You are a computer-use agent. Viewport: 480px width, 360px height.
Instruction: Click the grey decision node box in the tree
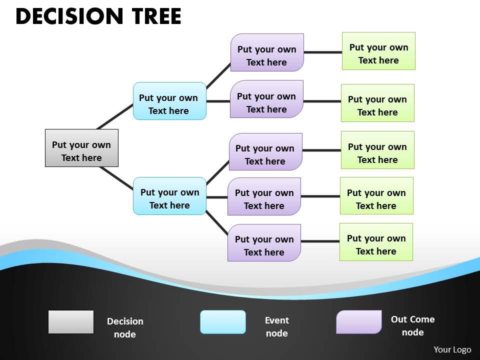81,148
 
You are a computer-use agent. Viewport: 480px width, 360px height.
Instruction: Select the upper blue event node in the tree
169,101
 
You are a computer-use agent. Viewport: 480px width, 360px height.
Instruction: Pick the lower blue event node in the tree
169,196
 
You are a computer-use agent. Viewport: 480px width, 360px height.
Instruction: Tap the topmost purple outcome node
267,52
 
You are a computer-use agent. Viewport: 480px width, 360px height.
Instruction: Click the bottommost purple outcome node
264,242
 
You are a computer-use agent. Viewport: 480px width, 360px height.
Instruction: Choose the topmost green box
378,51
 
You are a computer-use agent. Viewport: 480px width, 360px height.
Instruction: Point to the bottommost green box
376,242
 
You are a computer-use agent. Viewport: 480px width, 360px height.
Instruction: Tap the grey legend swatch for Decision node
71,322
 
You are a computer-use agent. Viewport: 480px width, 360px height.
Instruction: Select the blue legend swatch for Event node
223,322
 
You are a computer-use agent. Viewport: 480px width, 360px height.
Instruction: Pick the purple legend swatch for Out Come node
359,322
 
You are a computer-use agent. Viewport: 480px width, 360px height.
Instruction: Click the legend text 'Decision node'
125,327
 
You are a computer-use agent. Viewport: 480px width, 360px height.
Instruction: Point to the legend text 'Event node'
277,326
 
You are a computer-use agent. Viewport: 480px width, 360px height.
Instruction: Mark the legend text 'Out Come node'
412,325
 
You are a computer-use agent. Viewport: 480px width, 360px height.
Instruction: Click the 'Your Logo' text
452,349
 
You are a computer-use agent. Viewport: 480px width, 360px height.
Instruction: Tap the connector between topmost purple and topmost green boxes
322,51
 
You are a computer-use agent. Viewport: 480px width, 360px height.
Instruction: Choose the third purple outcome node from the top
265,151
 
